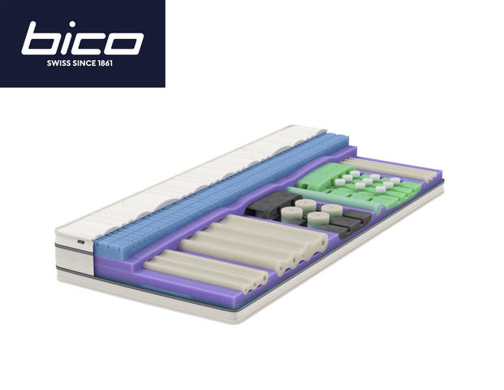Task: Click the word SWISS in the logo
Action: point(58,63)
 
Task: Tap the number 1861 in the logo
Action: point(105,63)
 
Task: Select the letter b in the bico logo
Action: point(41,38)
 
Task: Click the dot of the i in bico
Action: point(72,24)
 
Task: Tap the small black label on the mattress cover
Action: point(81,241)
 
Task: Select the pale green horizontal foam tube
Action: point(334,199)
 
